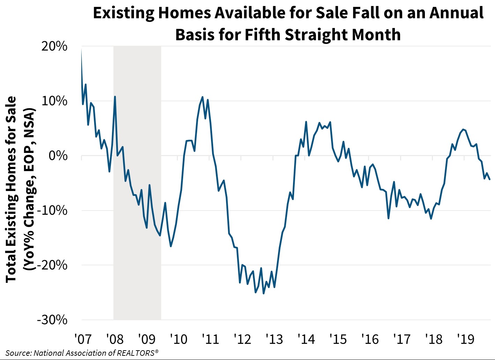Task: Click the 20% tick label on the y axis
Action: tap(54, 46)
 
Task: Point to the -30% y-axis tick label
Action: tap(52, 320)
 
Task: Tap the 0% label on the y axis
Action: tap(58, 156)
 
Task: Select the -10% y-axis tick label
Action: tap(52, 211)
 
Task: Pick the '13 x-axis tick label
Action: tap(274, 339)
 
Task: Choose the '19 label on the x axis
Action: tap(465, 339)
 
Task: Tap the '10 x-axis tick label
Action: tap(178, 339)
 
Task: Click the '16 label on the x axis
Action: tap(370, 339)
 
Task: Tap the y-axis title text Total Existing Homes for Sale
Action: tap(11, 189)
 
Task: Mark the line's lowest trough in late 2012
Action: tap(263, 293)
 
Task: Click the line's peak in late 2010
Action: tap(202, 97)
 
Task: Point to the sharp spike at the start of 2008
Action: tap(115, 97)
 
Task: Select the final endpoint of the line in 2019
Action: tap(490, 179)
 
